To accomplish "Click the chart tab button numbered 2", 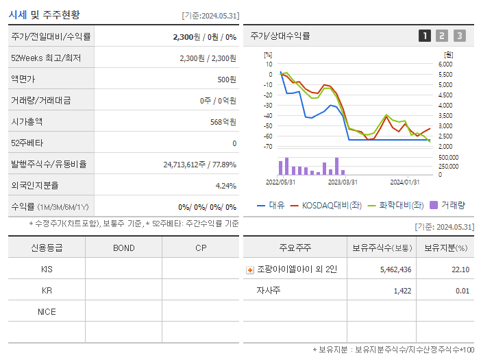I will (x=442, y=36).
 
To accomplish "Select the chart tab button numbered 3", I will (x=459, y=36).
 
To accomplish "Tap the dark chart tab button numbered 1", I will (x=425, y=36).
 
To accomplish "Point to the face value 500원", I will (x=227, y=79).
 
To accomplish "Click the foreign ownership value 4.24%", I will (x=225, y=185).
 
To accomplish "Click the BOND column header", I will (x=123, y=248).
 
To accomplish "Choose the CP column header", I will (x=201, y=248).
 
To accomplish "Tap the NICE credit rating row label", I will (x=47, y=311).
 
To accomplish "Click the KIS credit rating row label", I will (x=47, y=269).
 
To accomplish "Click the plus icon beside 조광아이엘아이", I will (x=250, y=270).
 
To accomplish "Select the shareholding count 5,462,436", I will (x=395, y=269).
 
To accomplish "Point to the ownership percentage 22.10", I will (x=460, y=269).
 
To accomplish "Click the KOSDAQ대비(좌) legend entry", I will (x=326, y=205).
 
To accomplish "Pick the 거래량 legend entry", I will (x=447, y=205).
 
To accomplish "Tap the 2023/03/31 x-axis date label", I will (x=343, y=182).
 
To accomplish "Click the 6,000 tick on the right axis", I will (x=445, y=64).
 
